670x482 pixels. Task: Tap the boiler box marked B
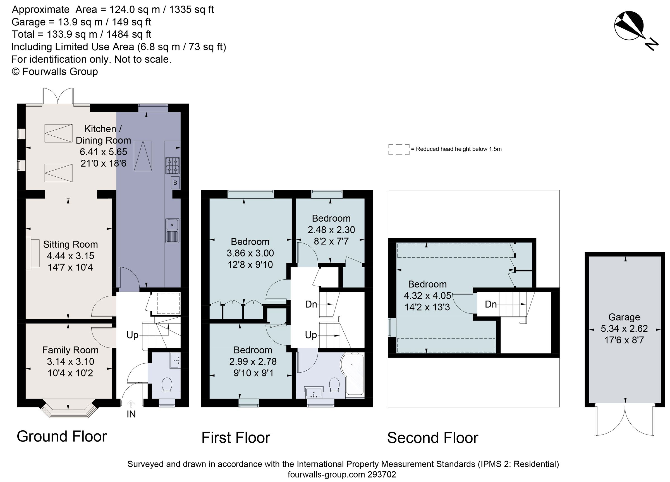pyautogui.click(x=175, y=183)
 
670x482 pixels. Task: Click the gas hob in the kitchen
pyautogui.click(x=173, y=166)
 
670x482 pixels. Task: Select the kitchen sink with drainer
pyautogui.click(x=172, y=231)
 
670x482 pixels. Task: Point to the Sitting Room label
pyautogui.click(x=70, y=244)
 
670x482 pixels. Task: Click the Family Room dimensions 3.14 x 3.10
pyautogui.click(x=70, y=361)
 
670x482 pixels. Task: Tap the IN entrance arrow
pyautogui.click(x=131, y=404)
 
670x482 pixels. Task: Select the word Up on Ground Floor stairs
pyautogui.click(x=132, y=335)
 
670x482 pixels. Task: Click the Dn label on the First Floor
pyautogui.click(x=311, y=304)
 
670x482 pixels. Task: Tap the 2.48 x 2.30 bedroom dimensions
pyautogui.click(x=331, y=230)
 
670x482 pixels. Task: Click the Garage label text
pyautogui.click(x=624, y=317)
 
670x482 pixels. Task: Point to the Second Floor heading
pyautogui.click(x=432, y=438)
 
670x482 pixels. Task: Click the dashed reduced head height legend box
pyautogui.click(x=399, y=149)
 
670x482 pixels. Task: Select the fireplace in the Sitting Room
pyautogui.click(x=32, y=253)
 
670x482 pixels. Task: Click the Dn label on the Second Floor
pyautogui.click(x=491, y=304)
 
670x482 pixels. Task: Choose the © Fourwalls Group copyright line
pyautogui.click(x=55, y=71)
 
